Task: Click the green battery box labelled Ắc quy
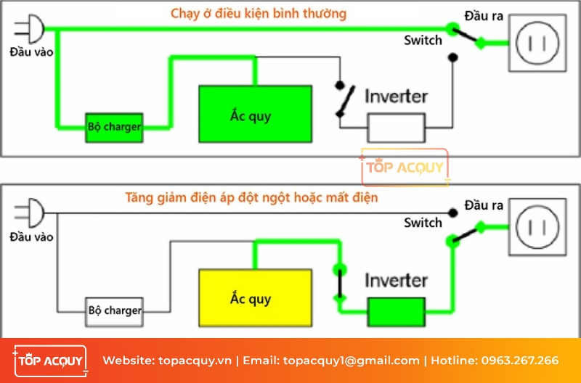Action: click(x=256, y=114)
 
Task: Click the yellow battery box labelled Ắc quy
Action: click(x=256, y=298)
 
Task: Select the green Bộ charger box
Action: click(x=115, y=127)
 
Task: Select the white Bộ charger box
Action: click(x=115, y=310)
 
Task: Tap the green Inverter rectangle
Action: click(x=396, y=312)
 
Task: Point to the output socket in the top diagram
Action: click(x=537, y=43)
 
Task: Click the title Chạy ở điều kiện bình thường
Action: click(x=259, y=14)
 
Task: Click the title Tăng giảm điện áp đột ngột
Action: click(x=251, y=197)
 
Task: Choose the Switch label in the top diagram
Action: click(x=423, y=41)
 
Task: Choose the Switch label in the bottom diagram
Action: click(x=423, y=223)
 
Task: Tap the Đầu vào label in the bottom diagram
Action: click(x=31, y=237)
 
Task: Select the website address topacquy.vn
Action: click(x=193, y=361)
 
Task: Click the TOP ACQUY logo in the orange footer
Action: click(x=49, y=361)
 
